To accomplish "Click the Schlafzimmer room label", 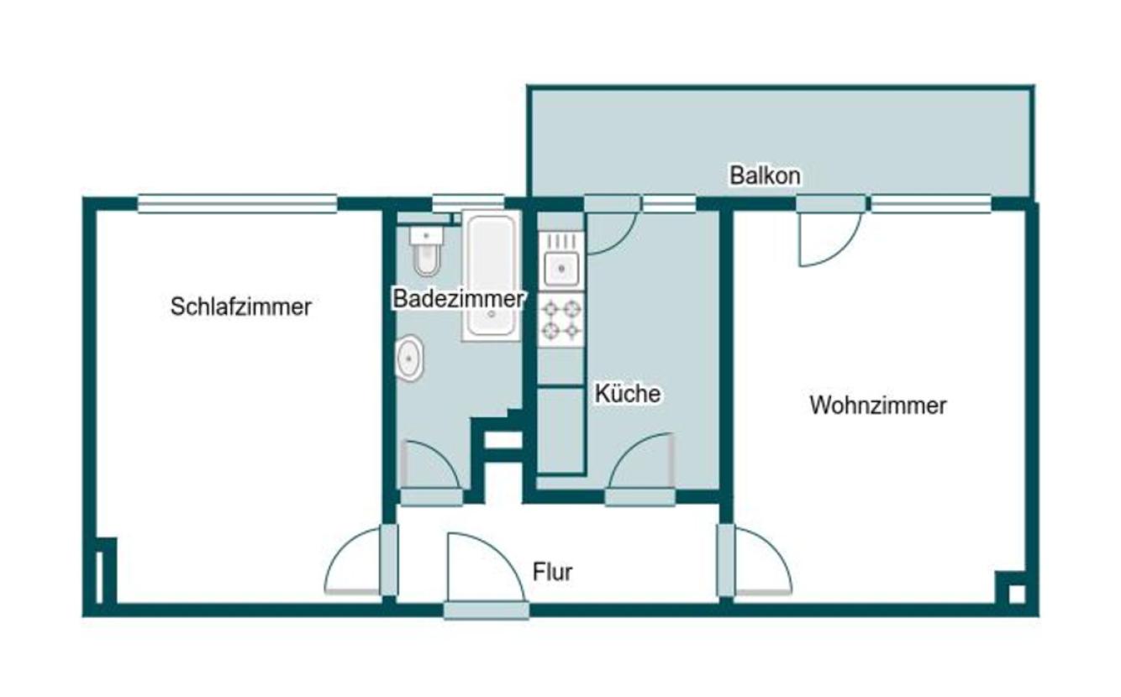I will click(240, 307).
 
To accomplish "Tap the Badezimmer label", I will click(459, 299).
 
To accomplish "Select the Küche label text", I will click(628, 393).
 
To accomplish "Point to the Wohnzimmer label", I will click(877, 406).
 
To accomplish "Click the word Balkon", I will click(765, 176).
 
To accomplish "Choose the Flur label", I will click(553, 572).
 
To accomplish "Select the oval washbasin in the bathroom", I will click(410, 359).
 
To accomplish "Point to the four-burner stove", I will click(560, 319).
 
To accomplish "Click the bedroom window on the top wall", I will click(237, 203).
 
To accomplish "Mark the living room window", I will click(930, 204).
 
